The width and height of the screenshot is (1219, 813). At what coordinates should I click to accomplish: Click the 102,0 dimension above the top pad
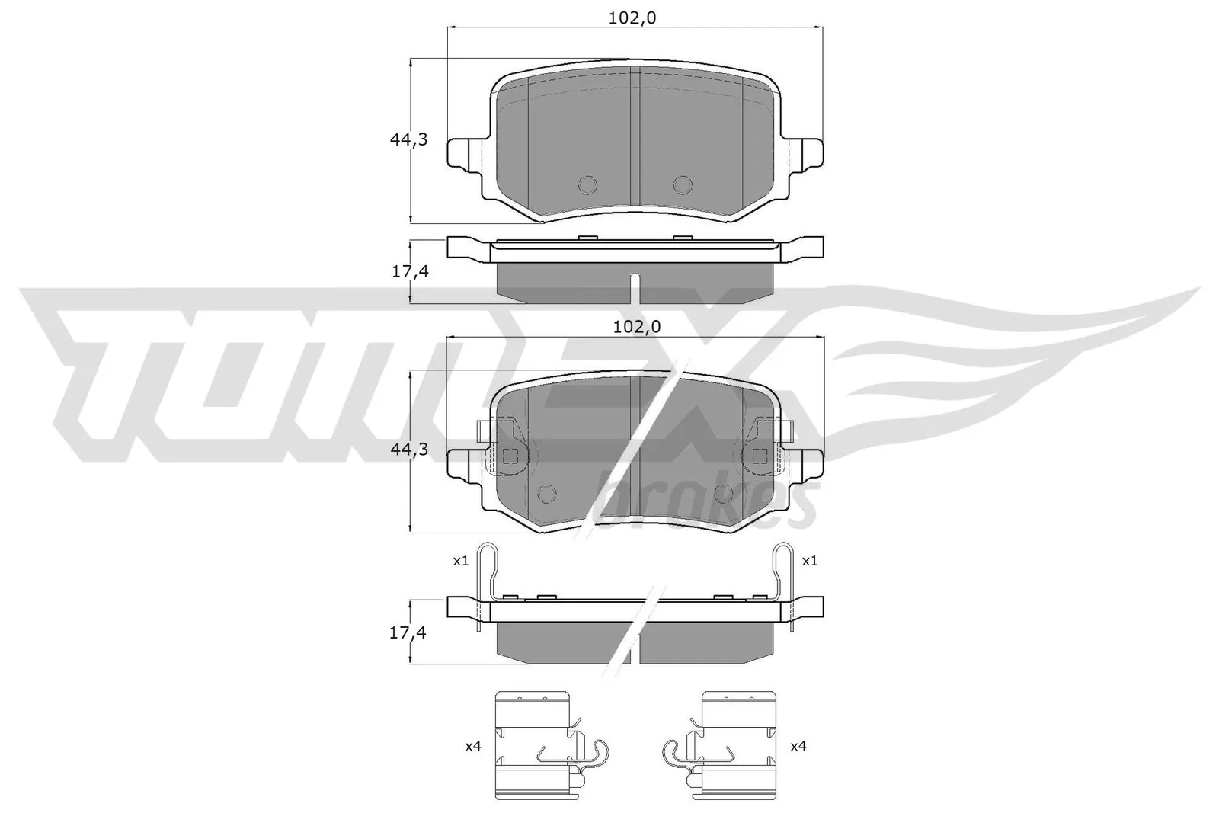(632, 20)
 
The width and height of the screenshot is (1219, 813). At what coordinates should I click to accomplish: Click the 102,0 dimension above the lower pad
(635, 327)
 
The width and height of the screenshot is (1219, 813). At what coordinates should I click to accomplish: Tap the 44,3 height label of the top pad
(409, 139)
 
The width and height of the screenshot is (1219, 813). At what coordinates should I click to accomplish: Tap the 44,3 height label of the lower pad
(409, 450)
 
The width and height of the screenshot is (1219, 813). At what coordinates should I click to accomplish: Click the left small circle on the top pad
(588, 184)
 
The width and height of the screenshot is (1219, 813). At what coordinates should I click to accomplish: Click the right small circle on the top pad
(683, 184)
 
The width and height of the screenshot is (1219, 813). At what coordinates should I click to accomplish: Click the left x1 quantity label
(459, 561)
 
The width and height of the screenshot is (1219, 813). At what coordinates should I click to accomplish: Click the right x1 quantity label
(809, 561)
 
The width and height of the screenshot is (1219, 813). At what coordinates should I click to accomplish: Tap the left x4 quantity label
(472, 747)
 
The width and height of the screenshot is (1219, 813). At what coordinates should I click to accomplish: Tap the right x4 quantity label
(798, 747)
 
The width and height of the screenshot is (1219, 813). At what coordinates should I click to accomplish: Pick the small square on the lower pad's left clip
(511, 456)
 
